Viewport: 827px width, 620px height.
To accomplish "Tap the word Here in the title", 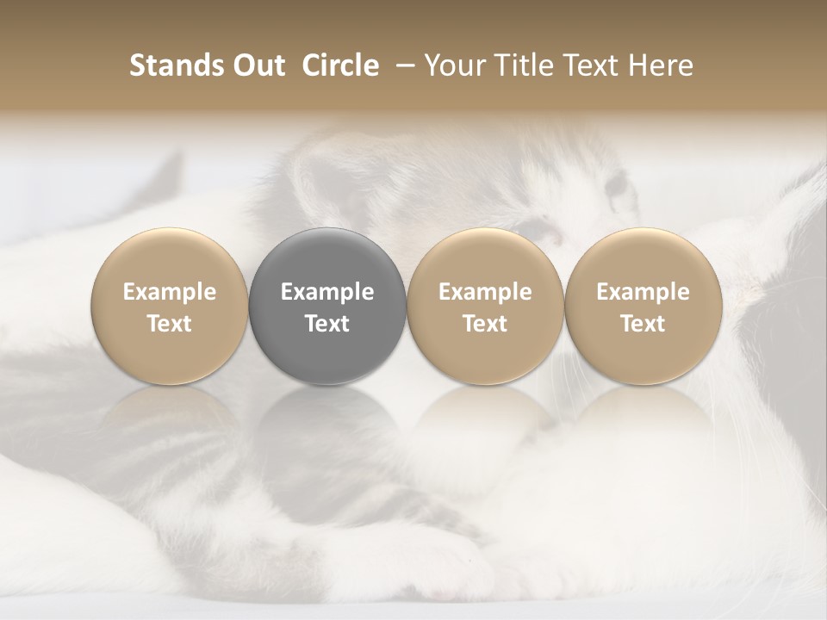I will pyautogui.click(x=659, y=65).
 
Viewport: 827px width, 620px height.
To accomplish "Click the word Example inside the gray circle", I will pyautogui.click(x=327, y=292).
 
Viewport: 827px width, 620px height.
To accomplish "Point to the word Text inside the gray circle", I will pyautogui.click(x=327, y=324).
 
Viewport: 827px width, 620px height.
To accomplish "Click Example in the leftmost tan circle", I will pyautogui.click(x=170, y=292).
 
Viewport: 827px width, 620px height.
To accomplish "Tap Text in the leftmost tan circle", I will pyautogui.click(x=170, y=324).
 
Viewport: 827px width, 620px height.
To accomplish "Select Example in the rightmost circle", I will pyautogui.click(x=643, y=292).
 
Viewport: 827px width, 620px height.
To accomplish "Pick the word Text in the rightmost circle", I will pyautogui.click(x=643, y=324).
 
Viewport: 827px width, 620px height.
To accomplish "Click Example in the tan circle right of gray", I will pyautogui.click(x=485, y=292).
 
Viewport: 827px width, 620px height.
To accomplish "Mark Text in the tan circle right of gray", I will pyautogui.click(x=485, y=324).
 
